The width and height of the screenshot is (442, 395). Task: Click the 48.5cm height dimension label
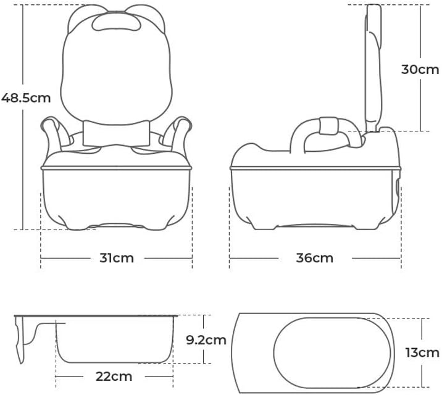(x=26, y=98)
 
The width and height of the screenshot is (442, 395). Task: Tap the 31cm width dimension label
(x=117, y=258)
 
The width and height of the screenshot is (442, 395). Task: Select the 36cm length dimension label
(x=315, y=258)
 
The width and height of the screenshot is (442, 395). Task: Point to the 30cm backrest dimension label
(x=420, y=69)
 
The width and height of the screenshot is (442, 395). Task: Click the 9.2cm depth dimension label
(x=206, y=340)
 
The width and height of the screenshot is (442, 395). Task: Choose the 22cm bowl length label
(x=114, y=376)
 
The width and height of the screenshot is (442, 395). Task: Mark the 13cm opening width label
(x=422, y=352)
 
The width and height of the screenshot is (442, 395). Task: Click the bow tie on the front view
(x=116, y=133)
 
